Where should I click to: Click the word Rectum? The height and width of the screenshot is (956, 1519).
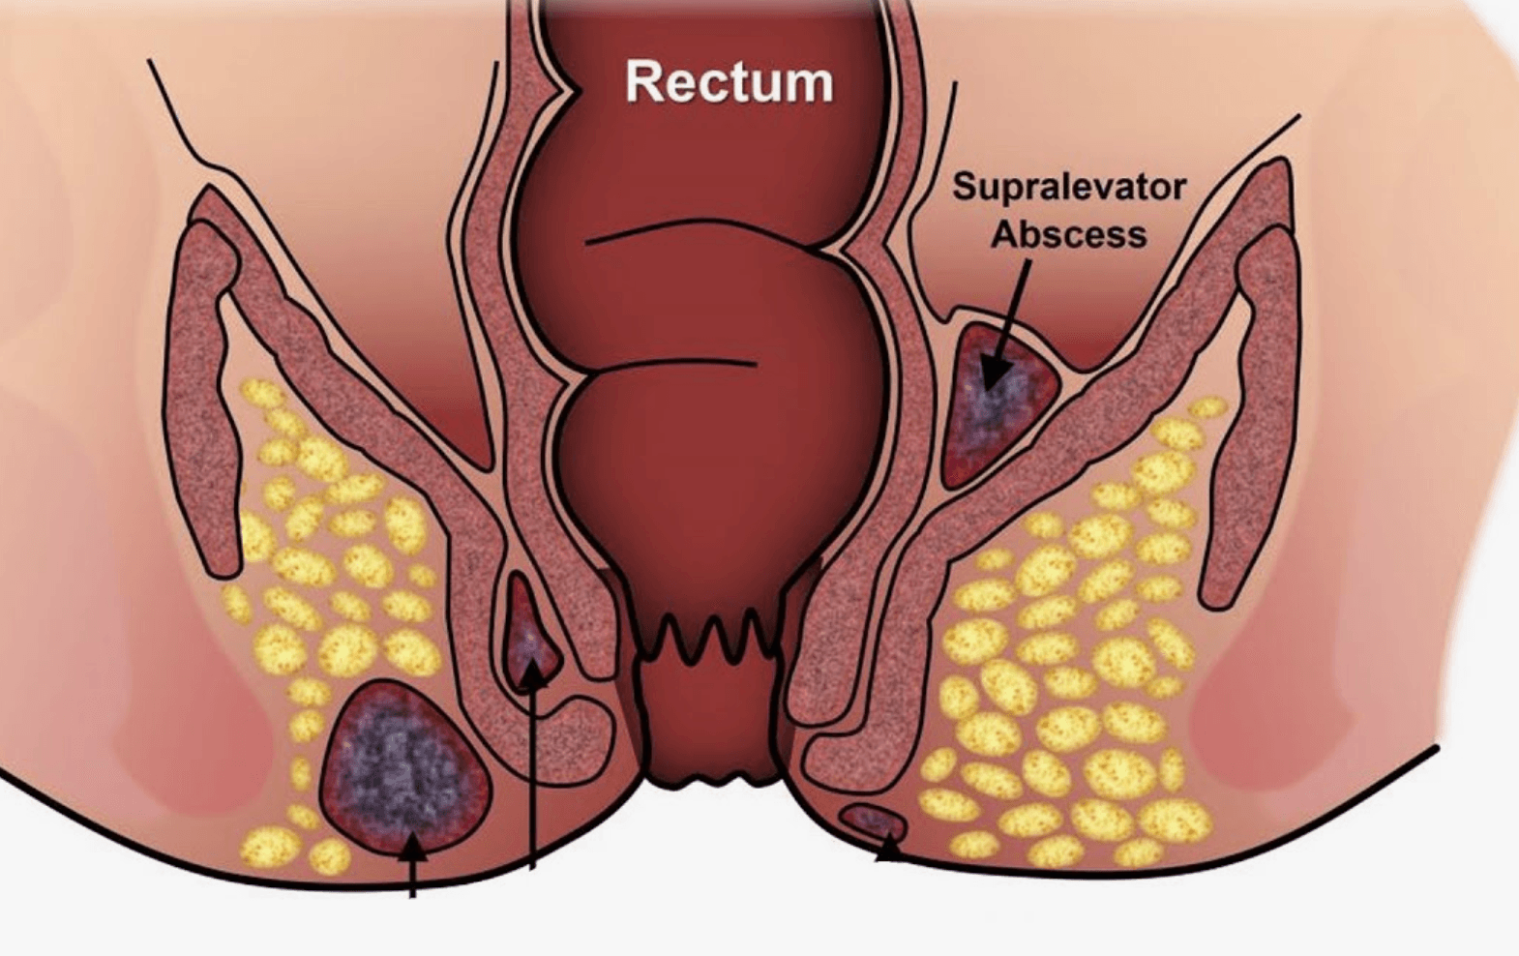729,82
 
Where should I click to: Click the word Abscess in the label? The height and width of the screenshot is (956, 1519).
1069,235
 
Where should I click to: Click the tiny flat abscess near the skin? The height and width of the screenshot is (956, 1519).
874,822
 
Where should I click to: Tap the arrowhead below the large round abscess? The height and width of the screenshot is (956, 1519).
412,848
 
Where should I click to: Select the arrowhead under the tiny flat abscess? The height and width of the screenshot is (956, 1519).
889,851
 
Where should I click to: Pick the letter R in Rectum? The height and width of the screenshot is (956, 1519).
641,82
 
